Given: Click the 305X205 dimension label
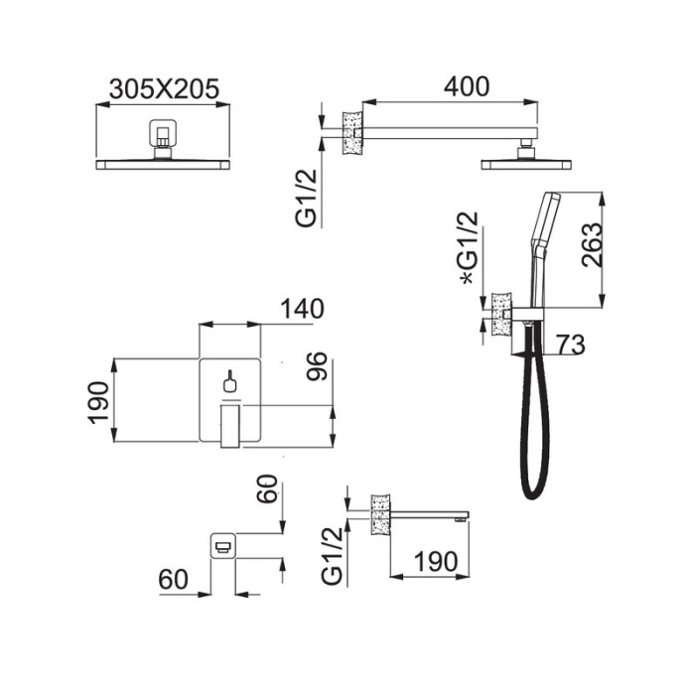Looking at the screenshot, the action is (x=164, y=88).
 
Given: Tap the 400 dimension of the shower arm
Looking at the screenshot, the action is (x=467, y=86).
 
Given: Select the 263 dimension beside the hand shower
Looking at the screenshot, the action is (x=592, y=245).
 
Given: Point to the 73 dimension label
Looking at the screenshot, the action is (x=571, y=345).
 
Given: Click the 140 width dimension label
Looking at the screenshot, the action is (x=302, y=309).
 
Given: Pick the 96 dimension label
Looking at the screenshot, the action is (x=317, y=366).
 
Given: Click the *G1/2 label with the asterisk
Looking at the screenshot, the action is (x=470, y=248).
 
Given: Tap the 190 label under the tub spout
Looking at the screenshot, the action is (x=436, y=562).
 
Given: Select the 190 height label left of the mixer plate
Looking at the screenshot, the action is (x=98, y=402).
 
